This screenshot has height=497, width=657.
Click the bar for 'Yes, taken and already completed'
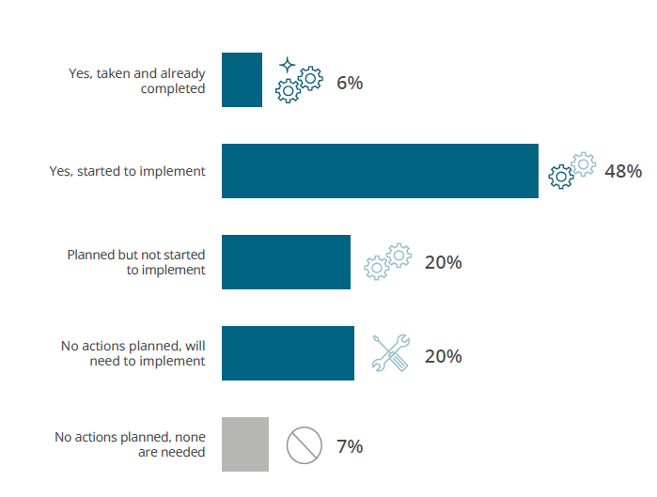pyautogui.click(x=242, y=80)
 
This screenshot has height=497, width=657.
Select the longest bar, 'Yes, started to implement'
pyautogui.click(x=380, y=171)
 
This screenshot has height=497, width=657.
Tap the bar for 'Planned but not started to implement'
pyautogui.click(x=286, y=262)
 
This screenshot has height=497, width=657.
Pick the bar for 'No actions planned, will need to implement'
pyautogui.click(x=288, y=353)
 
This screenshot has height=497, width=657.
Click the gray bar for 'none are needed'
pyautogui.click(x=245, y=444)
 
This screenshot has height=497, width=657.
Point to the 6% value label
pyautogui.click(x=350, y=83)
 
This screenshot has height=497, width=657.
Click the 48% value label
pyautogui.click(x=623, y=171)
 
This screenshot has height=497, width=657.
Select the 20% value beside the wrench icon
pyautogui.click(x=443, y=356)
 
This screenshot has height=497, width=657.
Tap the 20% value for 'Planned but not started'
pyautogui.click(x=443, y=262)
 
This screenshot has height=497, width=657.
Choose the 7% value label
pyautogui.click(x=350, y=446)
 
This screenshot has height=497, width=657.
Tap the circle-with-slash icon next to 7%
pyautogui.click(x=304, y=445)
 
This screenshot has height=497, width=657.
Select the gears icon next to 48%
pyautogui.click(x=571, y=170)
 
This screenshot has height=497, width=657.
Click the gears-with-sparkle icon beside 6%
pyautogui.click(x=298, y=81)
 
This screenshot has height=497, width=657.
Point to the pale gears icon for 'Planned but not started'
pyautogui.click(x=387, y=261)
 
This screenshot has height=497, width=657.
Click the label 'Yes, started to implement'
pyautogui.click(x=127, y=171)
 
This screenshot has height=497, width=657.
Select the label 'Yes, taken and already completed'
pyautogui.click(x=137, y=81)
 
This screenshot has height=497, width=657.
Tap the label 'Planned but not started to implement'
pyautogui.click(x=136, y=262)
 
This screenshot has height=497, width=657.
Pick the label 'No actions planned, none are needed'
pyautogui.click(x=130, y=444)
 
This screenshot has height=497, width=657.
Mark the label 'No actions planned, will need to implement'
pyautogui.click(x=133, y=353)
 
